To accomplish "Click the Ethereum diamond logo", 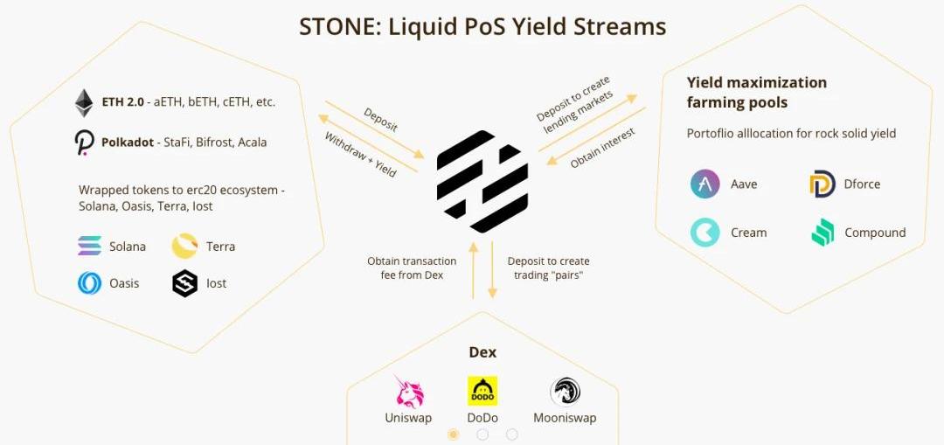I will coord(84,102).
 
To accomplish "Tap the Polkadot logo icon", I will coord(84,142).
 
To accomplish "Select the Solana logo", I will coord(89,247).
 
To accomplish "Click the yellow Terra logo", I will coord(184,247).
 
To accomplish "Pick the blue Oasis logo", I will coord(89,283).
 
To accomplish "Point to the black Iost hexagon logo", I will coord(184,283).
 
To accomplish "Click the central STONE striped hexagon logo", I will coord(482,181).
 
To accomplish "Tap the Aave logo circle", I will coord(705,184).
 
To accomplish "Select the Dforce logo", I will coord(822,184).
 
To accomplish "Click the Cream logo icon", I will coord(705,233).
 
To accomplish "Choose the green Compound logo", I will coord(822,233).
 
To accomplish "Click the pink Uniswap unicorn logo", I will coord(408,392).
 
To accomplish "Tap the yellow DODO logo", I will coord(482,391).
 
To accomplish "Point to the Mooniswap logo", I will coord(565,391).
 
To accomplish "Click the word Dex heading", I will coord(482,352).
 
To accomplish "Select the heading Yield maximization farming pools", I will coord(756,93).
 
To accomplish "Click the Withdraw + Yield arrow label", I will coord(360,155).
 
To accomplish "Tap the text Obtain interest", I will coord(602,148).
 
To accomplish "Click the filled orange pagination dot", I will coord(453,435).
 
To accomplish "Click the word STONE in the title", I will coord(331,27).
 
